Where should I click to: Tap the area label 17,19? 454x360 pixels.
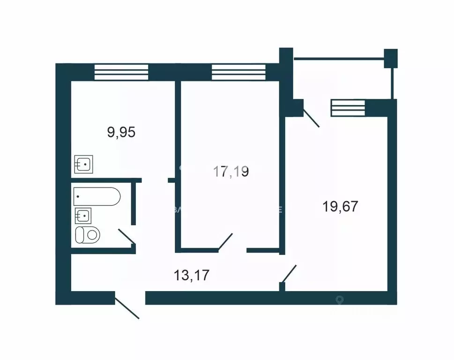coord(231,172)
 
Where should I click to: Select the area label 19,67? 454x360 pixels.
coord(341,206)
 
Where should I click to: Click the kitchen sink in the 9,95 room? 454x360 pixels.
coord(84,165)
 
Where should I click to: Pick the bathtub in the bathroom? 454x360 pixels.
coord(97,196)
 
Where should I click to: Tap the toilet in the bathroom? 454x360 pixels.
coord(88,234)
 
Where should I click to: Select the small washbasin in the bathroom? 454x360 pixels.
coord(83,216)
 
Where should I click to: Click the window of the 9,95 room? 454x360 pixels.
coord(121,72)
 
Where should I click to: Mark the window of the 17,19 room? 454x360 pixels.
coord(238,72)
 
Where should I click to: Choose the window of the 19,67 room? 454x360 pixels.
coord(348,108)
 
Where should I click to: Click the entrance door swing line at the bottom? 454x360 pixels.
coord(127,307)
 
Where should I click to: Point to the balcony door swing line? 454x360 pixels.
coord(311,118)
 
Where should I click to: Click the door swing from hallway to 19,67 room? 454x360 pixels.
coord(289,274)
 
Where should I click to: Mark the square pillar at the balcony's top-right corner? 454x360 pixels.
coord(390,58)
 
